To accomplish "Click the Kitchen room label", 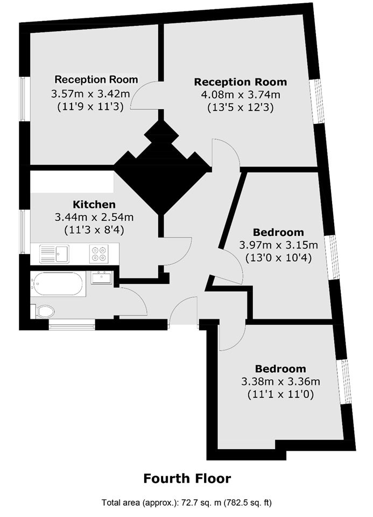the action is click(94, 205).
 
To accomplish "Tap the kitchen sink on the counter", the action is click(54, 254).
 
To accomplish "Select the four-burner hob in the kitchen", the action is click(99, 254).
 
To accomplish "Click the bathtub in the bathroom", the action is click(58, 284).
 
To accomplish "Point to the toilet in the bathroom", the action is click(43, 311).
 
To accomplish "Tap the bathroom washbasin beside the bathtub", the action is click(102, 278).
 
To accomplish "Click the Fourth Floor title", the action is click(187, 478).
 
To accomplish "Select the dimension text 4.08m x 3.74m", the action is click(241, 95).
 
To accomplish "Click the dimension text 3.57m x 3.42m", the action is click(90, 94).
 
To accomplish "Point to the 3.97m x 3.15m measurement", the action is click(278, 245).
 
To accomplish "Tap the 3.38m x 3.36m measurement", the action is click(281, 381).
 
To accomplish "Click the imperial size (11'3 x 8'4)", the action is click(94, 230).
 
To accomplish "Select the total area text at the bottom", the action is click(187, 503).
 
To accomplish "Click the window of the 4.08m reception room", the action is click(317, 101).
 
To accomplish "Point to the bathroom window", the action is click(72, 324).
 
